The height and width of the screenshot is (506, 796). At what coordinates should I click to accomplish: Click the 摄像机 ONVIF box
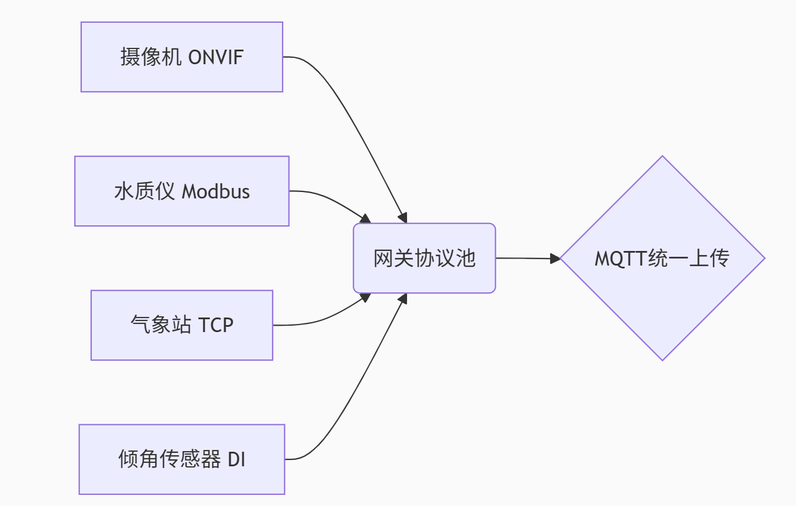coord(182,57)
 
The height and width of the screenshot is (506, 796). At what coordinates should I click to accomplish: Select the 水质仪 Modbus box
coord(182,191)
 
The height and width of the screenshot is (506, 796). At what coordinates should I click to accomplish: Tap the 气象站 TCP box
coord(182,325)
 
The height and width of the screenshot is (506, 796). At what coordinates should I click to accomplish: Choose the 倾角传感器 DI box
coord(182,459)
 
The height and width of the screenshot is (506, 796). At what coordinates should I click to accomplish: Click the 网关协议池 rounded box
coord(424,258)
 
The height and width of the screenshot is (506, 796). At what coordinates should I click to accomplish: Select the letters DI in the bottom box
coord(236,460)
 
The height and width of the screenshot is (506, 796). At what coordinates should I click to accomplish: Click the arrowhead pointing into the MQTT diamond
coord(555,258)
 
